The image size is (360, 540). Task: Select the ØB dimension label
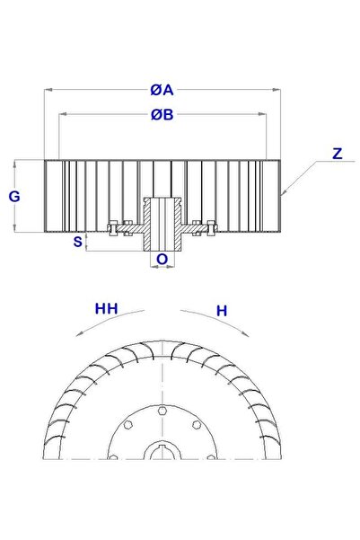(x=162, y=115)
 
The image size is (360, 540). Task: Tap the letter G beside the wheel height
(x=14, y=196)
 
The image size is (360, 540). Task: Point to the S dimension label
(x=78, y=242)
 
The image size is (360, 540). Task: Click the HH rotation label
(x=107, y=308)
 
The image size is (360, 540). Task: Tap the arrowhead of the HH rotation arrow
(x=79, y=332)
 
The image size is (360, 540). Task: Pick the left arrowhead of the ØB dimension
(x=61, y=115)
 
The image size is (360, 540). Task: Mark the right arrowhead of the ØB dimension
(x=266, y=115)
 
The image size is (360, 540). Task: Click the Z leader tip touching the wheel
(x=280, y=195)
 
